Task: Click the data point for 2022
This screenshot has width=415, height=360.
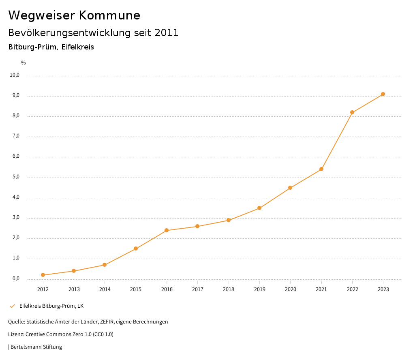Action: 352,112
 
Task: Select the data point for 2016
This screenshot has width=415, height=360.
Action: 167,230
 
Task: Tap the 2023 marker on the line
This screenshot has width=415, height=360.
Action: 383,94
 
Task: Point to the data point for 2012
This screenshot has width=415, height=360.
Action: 43,275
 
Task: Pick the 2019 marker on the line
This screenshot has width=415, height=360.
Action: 259,208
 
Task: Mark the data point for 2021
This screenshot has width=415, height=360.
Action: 321,169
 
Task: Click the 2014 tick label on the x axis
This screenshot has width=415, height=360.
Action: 105,289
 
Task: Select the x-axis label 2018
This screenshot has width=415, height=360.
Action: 229,289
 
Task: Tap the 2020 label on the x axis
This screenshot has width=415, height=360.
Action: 291,289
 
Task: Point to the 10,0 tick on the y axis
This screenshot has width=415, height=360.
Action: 15,75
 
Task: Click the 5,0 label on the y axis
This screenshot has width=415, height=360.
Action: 16,177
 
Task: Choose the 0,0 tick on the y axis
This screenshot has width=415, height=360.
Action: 16,279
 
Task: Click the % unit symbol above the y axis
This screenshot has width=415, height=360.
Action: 24,63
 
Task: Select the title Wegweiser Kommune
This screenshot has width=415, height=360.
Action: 74,15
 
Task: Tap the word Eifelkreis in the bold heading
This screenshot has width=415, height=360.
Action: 78,47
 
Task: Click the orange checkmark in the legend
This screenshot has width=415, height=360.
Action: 12,306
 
